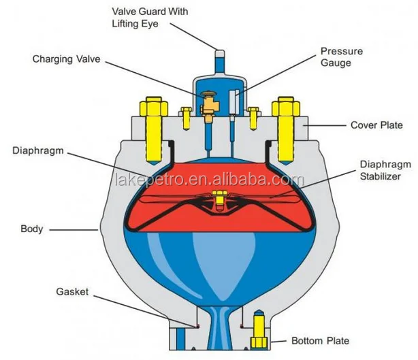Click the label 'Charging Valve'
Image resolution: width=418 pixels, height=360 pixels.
pos(66,59)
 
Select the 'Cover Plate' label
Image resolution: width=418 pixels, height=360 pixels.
pos(376,125)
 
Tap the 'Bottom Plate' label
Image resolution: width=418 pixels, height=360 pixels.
pos(319,340)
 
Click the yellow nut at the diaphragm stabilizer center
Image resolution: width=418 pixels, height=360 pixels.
pos(219,199)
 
